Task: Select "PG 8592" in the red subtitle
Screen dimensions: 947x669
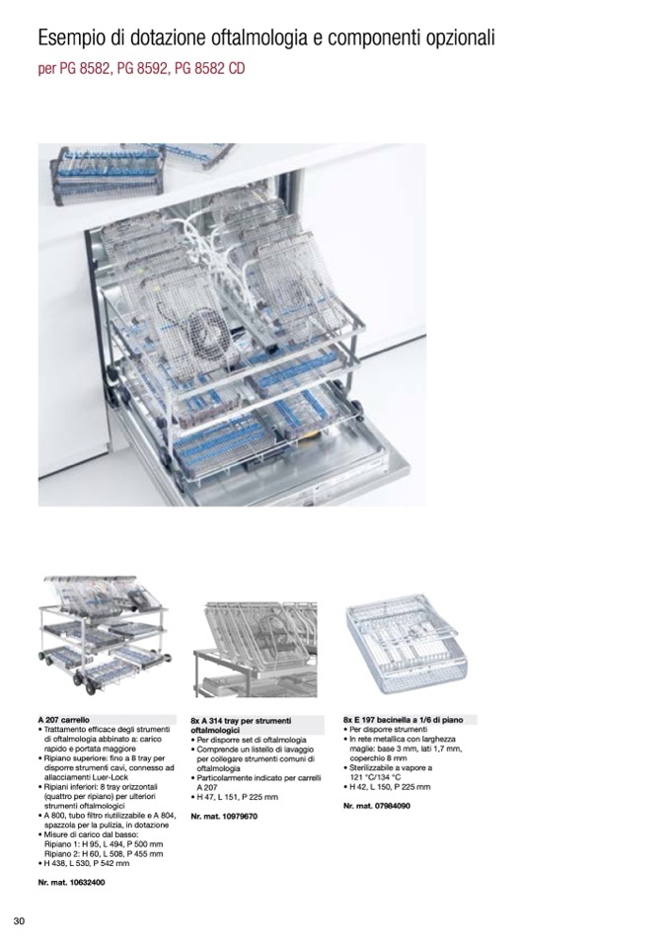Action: pos(145,71)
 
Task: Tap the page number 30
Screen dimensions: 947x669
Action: pos(18,921)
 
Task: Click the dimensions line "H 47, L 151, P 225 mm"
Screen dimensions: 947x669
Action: pos(238,797)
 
